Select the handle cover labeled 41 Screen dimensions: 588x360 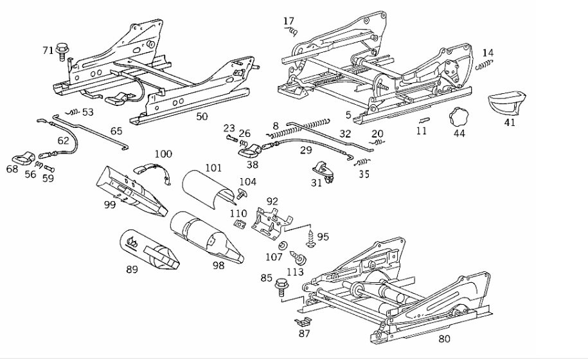(506, 102)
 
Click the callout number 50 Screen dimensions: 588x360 (202, 116)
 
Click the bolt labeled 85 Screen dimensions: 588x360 (281, 287)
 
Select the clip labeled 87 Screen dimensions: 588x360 (303, 321)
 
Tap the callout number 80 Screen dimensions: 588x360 (444, 339)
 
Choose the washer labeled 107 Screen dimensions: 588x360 (282, 246)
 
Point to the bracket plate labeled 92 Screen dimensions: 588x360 (271, 224)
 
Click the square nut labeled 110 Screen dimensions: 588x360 (239, 224)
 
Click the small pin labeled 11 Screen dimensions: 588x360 (423, 120)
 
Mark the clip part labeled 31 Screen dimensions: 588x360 (323, 172)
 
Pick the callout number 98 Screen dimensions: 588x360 (218, 265)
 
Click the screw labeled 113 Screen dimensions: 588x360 (298, 258)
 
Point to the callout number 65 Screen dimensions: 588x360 (116, 131)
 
